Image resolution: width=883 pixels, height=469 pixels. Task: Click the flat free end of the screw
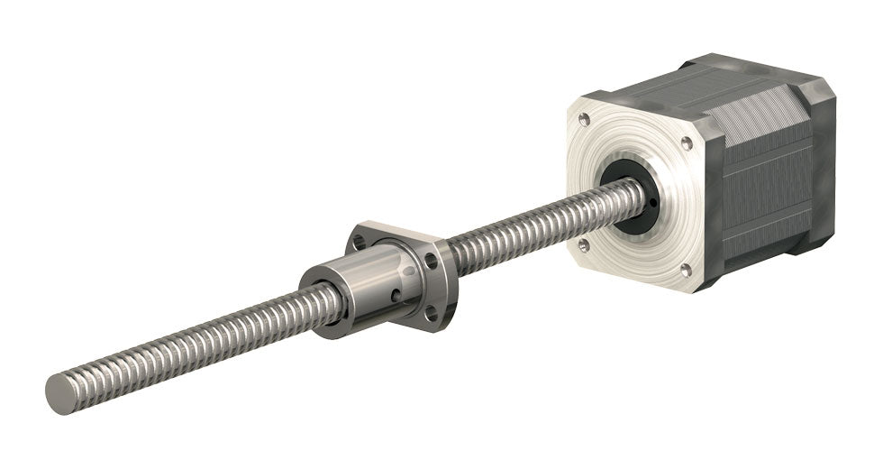point(59,393)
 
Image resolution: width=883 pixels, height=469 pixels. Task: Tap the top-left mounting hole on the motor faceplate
point(585,118)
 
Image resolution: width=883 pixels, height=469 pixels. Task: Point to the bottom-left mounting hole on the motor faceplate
point(583,244)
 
